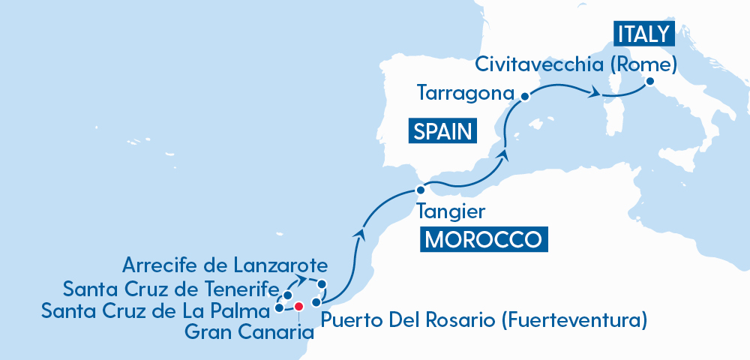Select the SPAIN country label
pyautogui.click(x=443, y=132)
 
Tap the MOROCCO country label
pyautogui.click(x=483, y=240)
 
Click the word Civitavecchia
pyautogui.click(x=539, y=64)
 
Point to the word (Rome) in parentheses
pyautogui.click(x=643, y=64)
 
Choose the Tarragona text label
pyautogui.click(x=466, y=94)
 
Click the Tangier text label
pyautogui.click(x=450, y=211)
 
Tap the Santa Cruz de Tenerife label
pyautogui.click(x=171, y=288)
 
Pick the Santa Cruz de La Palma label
pyautogui.click(x=156, y=309)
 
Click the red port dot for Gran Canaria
pyautogui.click(x=298, y=306)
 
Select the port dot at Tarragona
pyautogui.click(x=525, y=96)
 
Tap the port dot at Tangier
pyautogui.click(x=420, y=190)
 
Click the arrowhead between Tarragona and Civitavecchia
pyautogui.click(x=595, y=93)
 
